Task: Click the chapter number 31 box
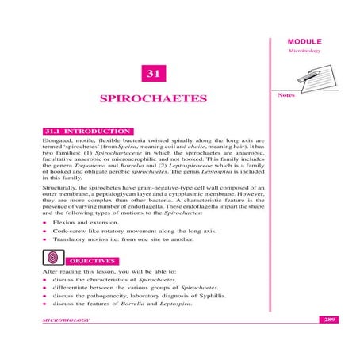coord(151,75)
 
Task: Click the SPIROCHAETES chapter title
coord(151,99)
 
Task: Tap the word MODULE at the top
coord(305,40)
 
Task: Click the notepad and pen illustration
coord(304,80)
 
